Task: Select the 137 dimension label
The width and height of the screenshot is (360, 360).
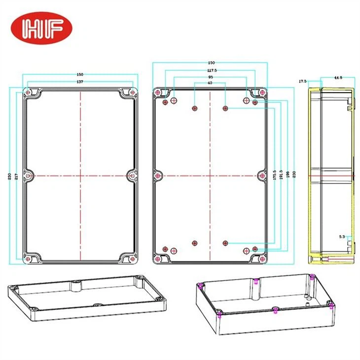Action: (79, 81)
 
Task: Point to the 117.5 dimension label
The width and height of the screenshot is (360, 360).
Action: (211, 71)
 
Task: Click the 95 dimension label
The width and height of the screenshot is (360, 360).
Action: (211, 77)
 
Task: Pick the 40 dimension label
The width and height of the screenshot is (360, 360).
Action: (211, 83)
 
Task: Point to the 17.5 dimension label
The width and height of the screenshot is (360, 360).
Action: (302, 81)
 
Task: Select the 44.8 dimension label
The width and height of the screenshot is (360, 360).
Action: (338, 77)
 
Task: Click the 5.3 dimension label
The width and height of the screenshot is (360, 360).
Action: (342, 237)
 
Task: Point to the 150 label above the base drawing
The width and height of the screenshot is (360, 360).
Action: (211, 63)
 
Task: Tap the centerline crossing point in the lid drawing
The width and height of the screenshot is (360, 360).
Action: (80, 175)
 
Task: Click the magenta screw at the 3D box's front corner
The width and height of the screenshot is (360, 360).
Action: (219, 314)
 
